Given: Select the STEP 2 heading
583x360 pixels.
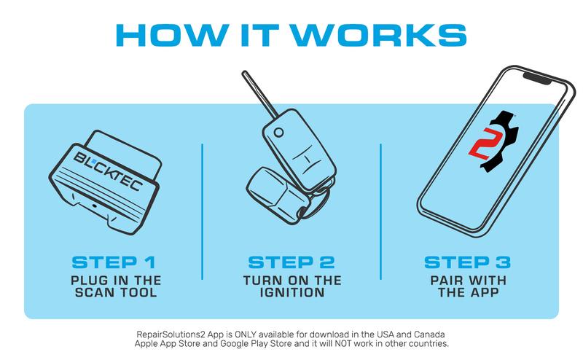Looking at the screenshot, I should tap(291, 262).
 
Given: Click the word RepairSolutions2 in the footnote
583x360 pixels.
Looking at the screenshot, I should tap(171, 332).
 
